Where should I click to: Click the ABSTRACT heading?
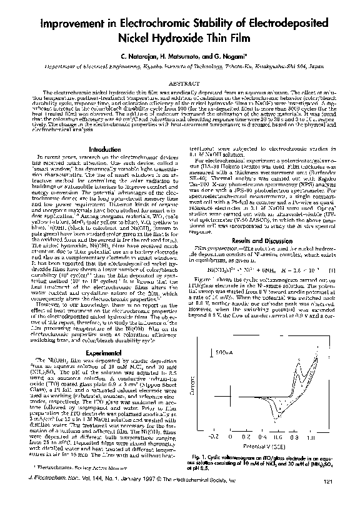point(179,82)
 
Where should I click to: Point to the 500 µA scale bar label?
point(226,352)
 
